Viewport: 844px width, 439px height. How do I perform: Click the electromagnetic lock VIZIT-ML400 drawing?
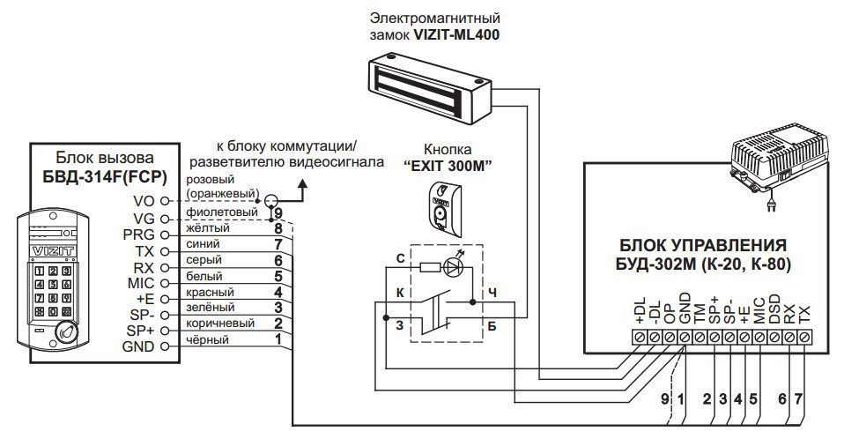pyautogui.click(x=426, y=83)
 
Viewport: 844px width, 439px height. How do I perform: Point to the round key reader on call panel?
pyautogui.click(x=67, y=332)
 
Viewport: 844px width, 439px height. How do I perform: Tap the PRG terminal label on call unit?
pyautogui.click(x=140, y=234)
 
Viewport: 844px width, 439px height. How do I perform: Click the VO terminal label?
pyautogui.click(x=144, y=202)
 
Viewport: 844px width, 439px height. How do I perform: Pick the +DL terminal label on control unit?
pyautogui.click(x=640, y=310)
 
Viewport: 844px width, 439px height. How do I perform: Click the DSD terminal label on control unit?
pyautogui.click(x=774, y=312)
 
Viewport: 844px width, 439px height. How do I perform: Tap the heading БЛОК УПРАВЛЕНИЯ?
pyautogui.click(x=703, y=245)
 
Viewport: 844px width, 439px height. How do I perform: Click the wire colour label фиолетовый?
pyautogui.click(x=222, y=212)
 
